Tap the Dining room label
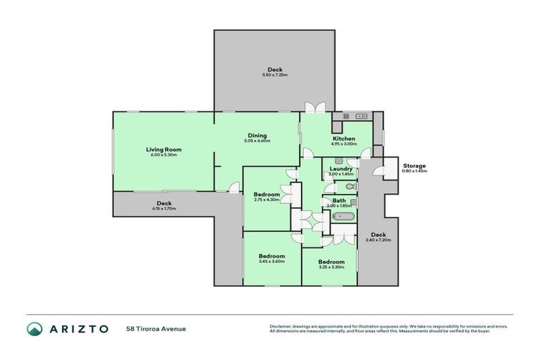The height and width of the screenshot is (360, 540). [x=257, y=136]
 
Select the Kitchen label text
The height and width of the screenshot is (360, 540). [x=344, y=139]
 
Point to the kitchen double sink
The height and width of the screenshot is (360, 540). [x=361, y=115]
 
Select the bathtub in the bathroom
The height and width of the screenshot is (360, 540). [x=343, y=217]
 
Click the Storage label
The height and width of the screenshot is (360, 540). [x=414, y=166]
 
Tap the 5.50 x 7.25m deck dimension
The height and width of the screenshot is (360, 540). [x=275, y=75]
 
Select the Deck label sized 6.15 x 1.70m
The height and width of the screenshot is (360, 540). [x=164, y=203]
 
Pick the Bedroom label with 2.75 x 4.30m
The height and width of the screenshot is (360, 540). [x=267, y=195]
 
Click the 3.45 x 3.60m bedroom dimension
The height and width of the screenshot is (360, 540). [x=271, y=262]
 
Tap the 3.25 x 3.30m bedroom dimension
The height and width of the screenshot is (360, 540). [x=331, y=266]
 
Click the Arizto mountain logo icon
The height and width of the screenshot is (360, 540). [x=34, y=328]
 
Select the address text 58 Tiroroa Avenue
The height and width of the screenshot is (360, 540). [x=155, y=328]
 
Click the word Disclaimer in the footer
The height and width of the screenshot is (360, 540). [x=281, y=326]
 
